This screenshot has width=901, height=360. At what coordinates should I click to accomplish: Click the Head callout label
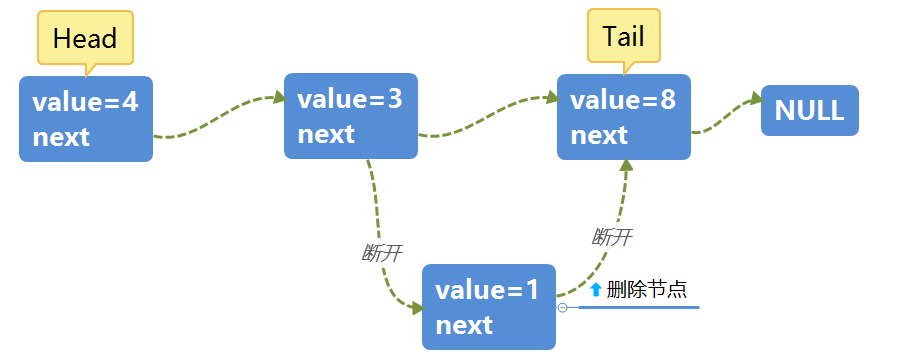pos(85,39)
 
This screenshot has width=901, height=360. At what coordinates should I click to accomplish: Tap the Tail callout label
pos(623,37)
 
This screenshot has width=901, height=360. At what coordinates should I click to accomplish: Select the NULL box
pos(809,110)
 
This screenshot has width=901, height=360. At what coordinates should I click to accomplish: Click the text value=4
pos(85,102)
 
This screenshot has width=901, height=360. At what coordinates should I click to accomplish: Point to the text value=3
pos(350,99)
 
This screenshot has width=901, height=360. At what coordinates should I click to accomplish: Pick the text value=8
pos(623,100)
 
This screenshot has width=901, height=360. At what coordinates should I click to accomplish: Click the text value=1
pos(487,291)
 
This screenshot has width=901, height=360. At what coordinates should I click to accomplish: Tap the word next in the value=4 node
pos(61,137)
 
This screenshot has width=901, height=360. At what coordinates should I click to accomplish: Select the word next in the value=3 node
pos(326,134)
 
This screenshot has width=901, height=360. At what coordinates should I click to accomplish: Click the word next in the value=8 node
pos(599,135)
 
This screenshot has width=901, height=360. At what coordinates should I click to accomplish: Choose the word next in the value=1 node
pos(464,325)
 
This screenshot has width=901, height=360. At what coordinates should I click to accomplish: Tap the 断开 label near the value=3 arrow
pos(381,253)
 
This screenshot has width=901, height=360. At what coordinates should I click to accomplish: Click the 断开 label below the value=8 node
pos(612,237)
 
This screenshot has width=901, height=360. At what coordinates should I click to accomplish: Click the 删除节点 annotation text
pos(646,290)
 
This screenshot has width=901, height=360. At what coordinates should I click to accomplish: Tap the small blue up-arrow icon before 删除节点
pos(596,290)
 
